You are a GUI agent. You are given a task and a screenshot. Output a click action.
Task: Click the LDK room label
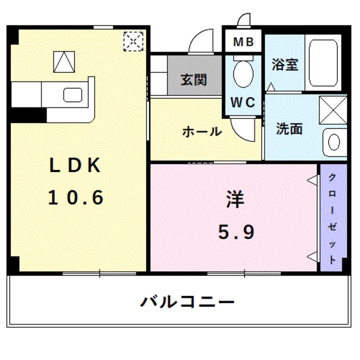75,165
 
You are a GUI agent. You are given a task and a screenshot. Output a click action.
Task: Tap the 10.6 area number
75,197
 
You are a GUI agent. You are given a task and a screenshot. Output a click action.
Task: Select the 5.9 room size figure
236,231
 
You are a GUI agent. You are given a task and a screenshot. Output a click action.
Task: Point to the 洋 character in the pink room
236,199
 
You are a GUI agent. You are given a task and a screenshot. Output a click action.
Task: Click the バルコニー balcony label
187,302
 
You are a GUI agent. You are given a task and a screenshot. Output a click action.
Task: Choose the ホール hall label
201,132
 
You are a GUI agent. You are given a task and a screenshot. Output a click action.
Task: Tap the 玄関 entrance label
193,79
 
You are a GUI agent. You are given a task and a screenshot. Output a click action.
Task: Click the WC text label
243,103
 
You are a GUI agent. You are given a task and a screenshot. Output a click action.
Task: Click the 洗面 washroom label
289,129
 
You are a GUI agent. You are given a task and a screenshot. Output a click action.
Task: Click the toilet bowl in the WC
243,73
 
